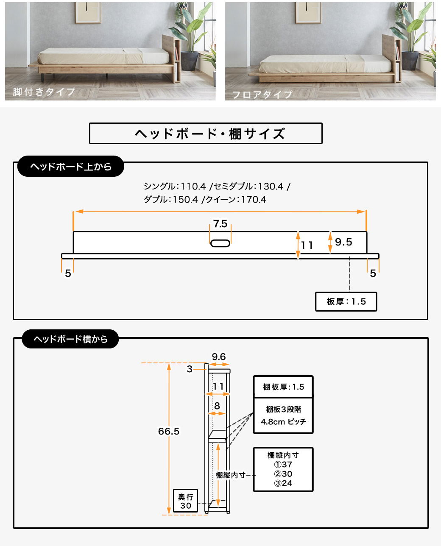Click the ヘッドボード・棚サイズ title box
[206, 134]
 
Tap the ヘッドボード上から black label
[70, 167]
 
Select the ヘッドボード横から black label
[70, 339]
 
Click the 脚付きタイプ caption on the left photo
[44, 92]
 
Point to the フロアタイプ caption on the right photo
[262, 95]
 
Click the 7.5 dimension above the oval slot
[220, 223]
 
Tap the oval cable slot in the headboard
[220, 243]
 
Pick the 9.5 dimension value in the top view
[343, 242]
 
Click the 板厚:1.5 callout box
[346, 301]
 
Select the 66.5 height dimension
[169, 431]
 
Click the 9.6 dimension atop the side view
[219, 357]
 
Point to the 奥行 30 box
[186, 501]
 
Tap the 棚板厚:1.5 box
[283, 387]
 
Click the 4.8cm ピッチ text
[283, 422]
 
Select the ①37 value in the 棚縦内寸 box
[283, 465]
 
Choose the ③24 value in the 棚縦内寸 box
[283, 483]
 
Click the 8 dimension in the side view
[217, 406]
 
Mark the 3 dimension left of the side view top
[190, 369]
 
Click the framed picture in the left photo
[88, 11]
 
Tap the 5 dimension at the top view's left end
[68, 273]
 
